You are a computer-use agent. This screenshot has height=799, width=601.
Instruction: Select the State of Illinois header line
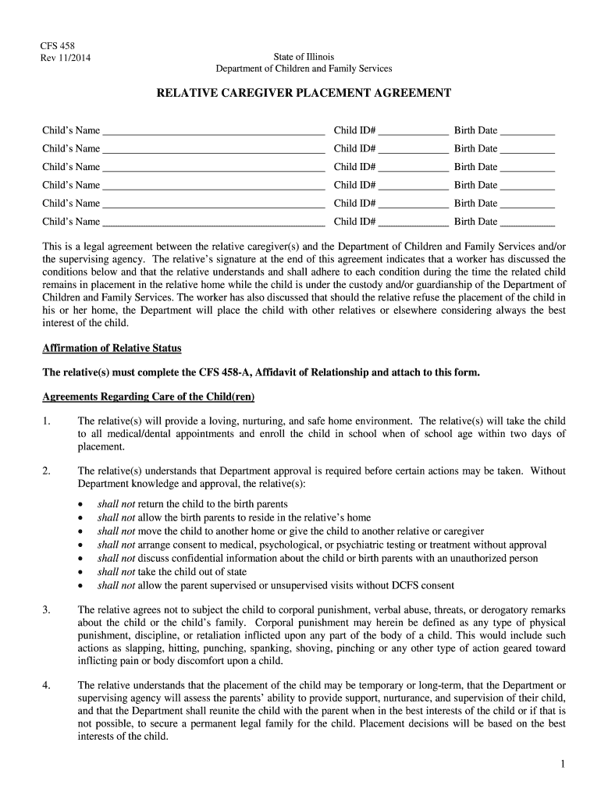[304, 57]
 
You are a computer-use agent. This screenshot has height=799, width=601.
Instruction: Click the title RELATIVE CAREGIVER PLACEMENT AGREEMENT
[304, 93]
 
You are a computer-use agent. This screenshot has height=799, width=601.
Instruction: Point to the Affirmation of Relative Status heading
[112, 348]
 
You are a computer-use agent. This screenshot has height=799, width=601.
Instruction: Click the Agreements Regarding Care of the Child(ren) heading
[148, 396]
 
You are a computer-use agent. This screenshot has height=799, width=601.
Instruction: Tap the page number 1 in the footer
[562, 764]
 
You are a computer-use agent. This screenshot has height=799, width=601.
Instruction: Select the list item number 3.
[47, 609]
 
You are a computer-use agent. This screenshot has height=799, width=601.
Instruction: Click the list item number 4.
[47, 685]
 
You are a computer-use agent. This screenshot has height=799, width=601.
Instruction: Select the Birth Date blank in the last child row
[527, 223]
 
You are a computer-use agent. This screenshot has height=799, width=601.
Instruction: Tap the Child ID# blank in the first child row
[414, 132]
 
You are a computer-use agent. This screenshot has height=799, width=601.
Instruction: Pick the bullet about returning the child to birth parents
[192, 504]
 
